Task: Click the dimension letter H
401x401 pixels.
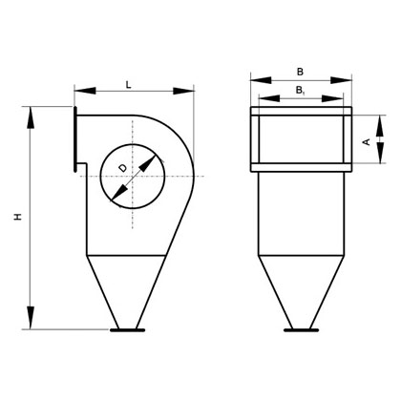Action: pos(18,217)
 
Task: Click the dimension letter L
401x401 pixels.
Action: pos(129,85)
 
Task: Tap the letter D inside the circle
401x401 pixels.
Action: pos(122,168)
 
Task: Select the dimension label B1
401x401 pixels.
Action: pos(301,91)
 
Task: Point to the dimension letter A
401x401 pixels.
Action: pos(367,141)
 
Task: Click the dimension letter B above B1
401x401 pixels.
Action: pos(300,73)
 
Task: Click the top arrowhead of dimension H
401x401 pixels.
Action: pos(31,117)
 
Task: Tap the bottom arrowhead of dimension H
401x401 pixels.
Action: pos(31,318)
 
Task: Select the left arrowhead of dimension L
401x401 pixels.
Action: pos(85,91)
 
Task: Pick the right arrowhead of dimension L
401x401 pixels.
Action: pos(183,91)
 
